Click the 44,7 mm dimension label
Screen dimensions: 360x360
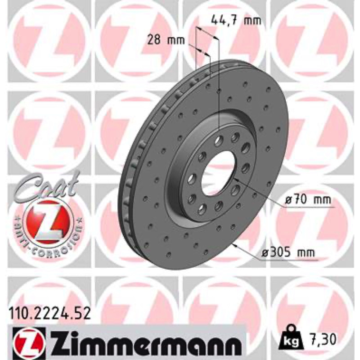coord(236,21)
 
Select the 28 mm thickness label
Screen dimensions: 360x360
coord(166,40)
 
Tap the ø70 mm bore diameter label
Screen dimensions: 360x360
coord(308,200)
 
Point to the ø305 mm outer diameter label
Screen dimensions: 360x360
coord(288,253)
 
